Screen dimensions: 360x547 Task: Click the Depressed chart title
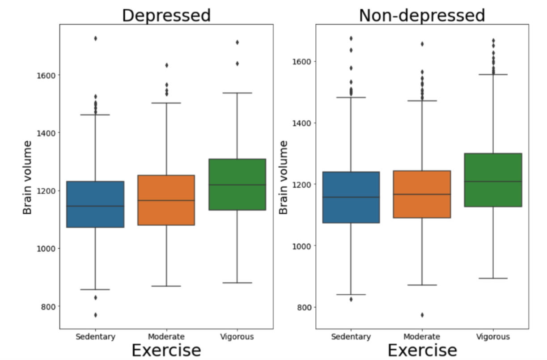pyautogui.click(x=166, y=15)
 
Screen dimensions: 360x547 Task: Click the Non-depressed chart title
pyautogui.click(x=422, y=15)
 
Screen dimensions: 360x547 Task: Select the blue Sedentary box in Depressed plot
pyautogui.click(x=95, y=204)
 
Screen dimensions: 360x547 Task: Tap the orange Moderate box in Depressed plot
pyautogui.click(x=166, y=200)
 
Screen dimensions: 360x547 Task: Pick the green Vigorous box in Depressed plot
pyautogui.click(x=237, y=184)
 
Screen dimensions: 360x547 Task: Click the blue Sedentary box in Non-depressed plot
pyautogui.click(x=351, y=197)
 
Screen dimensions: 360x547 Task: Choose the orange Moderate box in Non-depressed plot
pyautogui.click(x=422, y=194)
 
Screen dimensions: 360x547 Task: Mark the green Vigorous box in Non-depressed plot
pyautogui.click(x=493, y=180)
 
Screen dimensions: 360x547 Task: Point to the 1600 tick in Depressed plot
pyautogui.click(x=46, y=75)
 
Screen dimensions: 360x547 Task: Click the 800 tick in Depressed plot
pyautogui.click(x=48, y=306)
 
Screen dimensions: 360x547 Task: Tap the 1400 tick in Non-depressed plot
pyautogui.click(x=302, y=123)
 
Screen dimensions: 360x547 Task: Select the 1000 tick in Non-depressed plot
pyautogui.click(x=302, y=246)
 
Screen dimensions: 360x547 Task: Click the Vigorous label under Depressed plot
pyautogui.click(x=237, y=337)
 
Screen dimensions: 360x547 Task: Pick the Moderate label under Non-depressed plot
pyautogui.click(x=422, y=337)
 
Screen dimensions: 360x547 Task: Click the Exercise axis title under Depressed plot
pyautogui.click(x=166, y=350)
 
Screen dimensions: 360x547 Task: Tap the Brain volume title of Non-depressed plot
pyautogui.click(x=283, y=177)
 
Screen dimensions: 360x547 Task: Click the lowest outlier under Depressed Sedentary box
pyautogui.click(x=95, y=315)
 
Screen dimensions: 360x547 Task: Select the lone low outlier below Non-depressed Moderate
pyautogui.click(x=422, y=315)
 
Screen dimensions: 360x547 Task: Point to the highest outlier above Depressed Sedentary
pyautogui.click(x=95, y=38)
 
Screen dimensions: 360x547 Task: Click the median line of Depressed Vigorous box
pyautogui.click(x=237, y=185)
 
